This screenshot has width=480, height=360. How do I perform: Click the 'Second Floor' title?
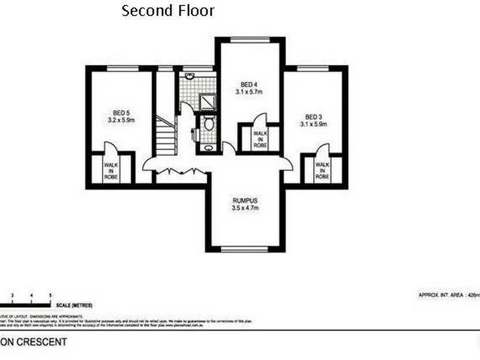[x=167, y=11]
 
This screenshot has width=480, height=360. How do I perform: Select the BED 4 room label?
[x=249, y=84]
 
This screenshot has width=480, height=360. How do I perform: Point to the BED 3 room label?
[x=314, y=116]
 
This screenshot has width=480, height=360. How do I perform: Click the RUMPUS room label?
[x=245, y=201]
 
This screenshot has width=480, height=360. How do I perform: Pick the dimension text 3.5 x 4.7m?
[x=245, y=208]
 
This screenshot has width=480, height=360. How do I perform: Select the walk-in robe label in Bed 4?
[x=259, y=139]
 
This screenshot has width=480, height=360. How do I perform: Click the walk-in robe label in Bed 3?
[x=322, y=170]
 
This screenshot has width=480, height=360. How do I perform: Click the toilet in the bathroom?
[x=209, y=124]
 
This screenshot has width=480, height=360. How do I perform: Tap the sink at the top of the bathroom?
[x=190, y=77]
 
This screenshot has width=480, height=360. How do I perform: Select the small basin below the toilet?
[x=208, y=147]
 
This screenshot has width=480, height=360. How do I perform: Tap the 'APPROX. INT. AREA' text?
[x=442, y=295]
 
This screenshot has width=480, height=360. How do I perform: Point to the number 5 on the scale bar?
[x=51, y=295]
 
